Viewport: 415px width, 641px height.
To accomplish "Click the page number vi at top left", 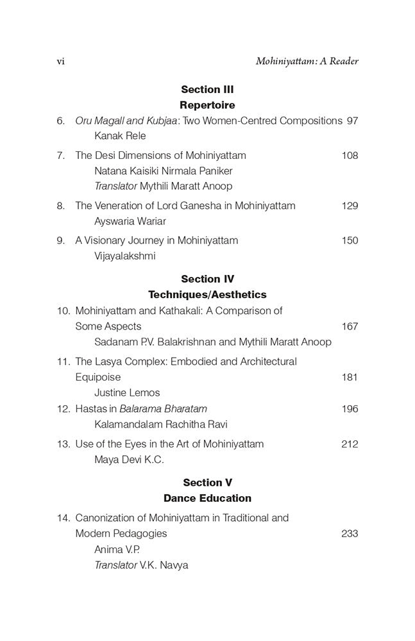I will tap(61, 62).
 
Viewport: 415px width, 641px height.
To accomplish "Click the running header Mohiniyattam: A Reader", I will tap(307, 62).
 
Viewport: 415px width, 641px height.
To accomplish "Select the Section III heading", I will tap(207, 90).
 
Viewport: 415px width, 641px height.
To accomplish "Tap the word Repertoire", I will tap(207, 105).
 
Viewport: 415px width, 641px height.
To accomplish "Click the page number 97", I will tap(351, 121).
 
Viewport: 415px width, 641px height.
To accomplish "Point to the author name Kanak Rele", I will tap(120, 136).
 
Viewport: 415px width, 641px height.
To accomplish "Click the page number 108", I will tap(350, 156).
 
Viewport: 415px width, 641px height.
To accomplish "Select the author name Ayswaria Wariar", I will tap(130, 221).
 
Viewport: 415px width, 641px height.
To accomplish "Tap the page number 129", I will tap(350, 206).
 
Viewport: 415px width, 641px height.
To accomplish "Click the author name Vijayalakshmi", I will tap(125, 256).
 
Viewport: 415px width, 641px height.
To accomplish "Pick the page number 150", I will tap(350, 240).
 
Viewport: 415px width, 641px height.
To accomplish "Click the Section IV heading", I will tap(207, 279).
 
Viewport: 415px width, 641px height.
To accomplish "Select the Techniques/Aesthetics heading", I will tap(207, 295).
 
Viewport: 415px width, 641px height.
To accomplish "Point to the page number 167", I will tap(350, 326).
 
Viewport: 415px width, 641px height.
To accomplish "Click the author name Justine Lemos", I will tap(127, 392).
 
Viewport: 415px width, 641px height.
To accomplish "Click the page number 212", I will tap(350, 444).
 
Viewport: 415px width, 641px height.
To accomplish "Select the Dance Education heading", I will tap(207, 498).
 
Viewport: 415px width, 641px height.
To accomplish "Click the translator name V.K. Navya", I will tap(164, 565).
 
